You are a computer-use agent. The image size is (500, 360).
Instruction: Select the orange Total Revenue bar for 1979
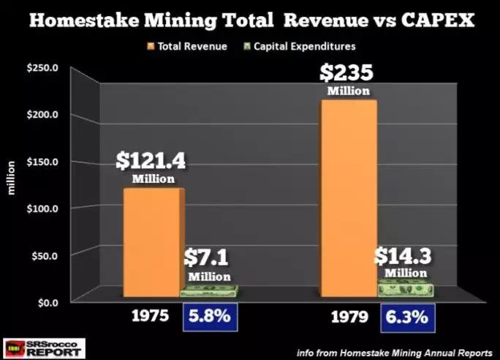click(x=346, y=198)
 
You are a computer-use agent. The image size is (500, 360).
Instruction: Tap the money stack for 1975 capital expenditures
click(x=207, y=290)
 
